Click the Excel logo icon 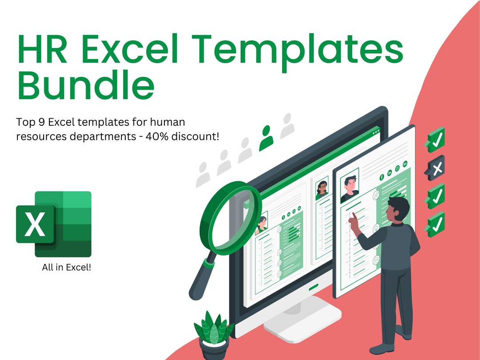[x=54, y=224]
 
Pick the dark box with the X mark [x=436, y=168]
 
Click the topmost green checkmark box [x=436, y=139]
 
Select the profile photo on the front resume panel [x=350, y=185]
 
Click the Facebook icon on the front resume [x=382, y=177]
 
